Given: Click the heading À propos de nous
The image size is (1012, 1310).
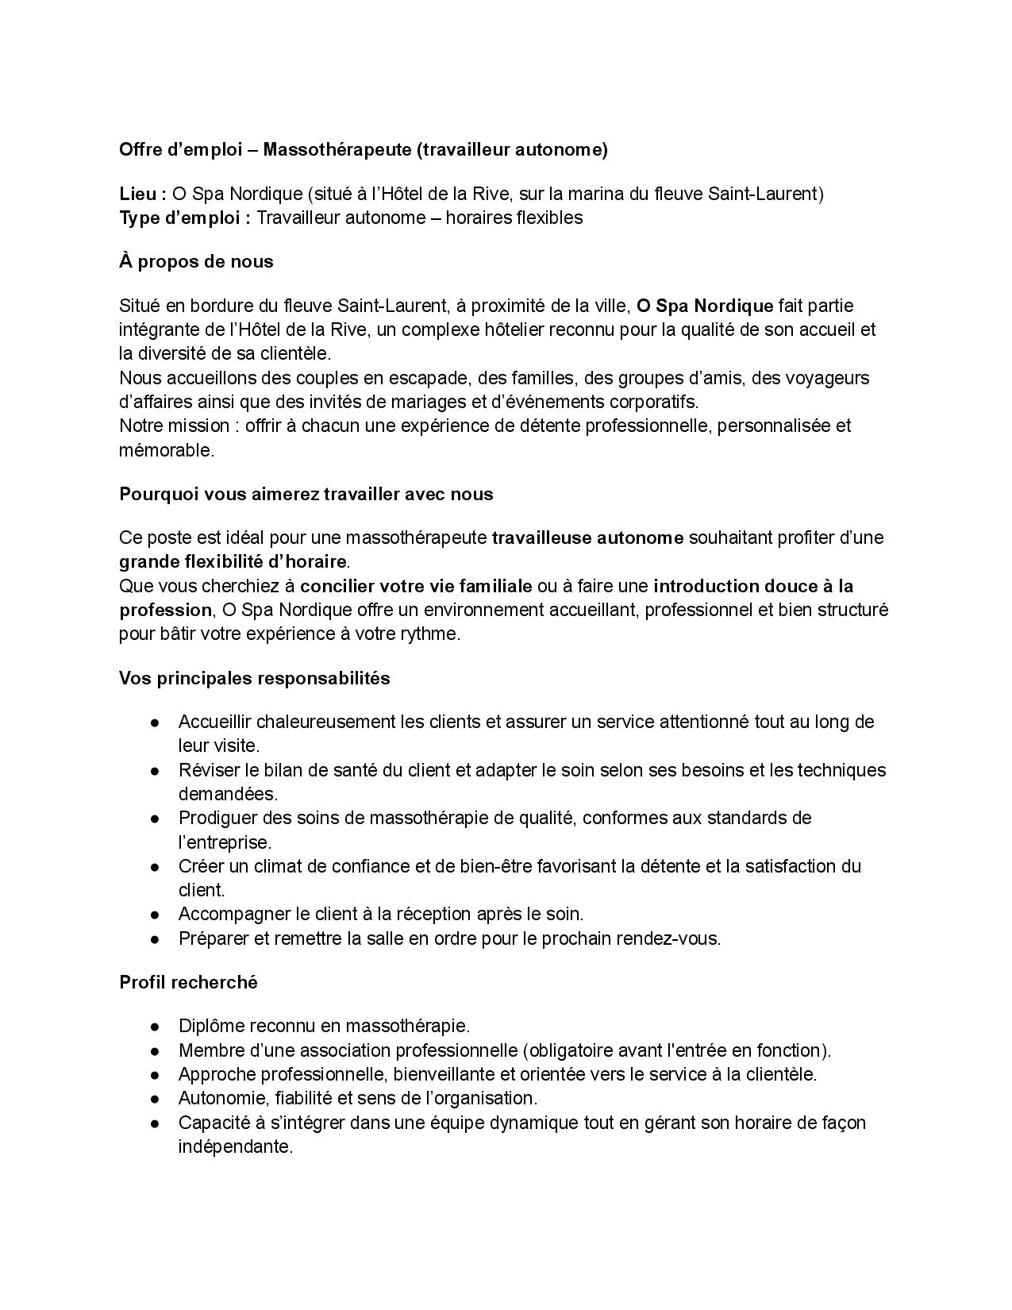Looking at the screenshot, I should (x=196, y=262).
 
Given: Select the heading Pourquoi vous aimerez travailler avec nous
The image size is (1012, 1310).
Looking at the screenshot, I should (x=306, y=494).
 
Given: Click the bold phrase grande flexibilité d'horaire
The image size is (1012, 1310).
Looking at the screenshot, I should (x=233, y=562).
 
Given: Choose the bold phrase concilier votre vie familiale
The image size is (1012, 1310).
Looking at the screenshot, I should (x=416, y=586).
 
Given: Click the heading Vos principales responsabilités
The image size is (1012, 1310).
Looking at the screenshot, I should (x=255, y=678).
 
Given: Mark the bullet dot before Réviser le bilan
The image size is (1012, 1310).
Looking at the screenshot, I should (x=156, y=770).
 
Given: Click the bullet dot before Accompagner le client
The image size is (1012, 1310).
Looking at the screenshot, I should (x=156, y=915).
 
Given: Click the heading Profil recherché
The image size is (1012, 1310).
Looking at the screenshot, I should (x=189, y=982).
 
